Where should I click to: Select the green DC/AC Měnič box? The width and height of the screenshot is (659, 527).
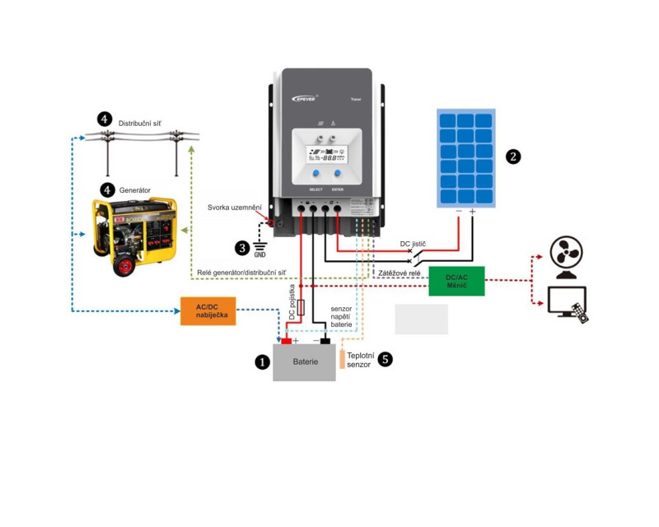click(x=456, y=281)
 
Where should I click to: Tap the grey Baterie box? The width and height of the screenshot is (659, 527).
click(x=305, y=362)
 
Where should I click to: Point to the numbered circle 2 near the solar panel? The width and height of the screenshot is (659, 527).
click(x=514, y=156)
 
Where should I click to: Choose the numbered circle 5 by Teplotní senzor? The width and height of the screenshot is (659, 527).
click(x=385, y=359)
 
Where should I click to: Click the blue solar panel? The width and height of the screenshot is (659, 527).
click(x=466, y=156)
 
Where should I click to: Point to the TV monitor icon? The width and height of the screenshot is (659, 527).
click(x=567, y=301)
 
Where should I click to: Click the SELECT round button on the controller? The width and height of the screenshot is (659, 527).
click(x=315, y=175)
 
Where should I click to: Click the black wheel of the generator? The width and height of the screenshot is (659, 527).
click(x=125, y=265)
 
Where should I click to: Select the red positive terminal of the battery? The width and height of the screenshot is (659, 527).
click(x=287, y=340)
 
